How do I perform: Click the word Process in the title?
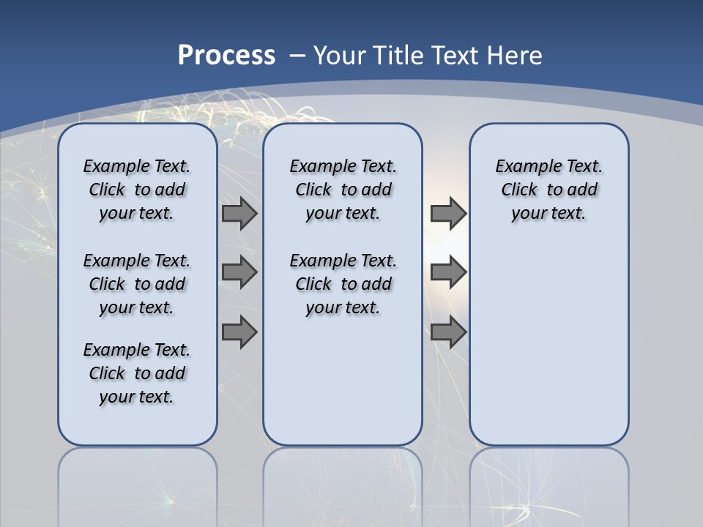point(226,56)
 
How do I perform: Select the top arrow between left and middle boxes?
point(239,213)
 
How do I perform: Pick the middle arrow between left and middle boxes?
point(239,272)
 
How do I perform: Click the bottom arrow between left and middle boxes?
point(239,332)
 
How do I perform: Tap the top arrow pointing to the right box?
point(448,213)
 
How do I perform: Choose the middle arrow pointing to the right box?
point(448,272)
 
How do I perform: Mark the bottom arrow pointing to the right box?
point(448,332)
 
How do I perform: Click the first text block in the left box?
point(137,190)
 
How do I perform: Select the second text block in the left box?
point(137,284)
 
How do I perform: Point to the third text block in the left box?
point(137,373)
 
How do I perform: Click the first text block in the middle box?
point(343,190)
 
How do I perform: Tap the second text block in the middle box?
point(343,284)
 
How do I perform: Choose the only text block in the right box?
point(548,190)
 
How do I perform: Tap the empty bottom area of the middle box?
point(343,388)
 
